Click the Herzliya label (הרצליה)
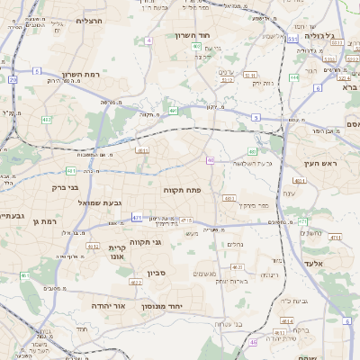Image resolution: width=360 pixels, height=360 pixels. point(91,20)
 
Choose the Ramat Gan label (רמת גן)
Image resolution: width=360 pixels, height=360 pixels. point(43,221)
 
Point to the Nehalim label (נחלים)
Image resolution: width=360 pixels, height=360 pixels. point(233,244)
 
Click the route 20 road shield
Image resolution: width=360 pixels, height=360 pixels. point(13,80)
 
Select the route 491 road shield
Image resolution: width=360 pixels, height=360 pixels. point(173,110)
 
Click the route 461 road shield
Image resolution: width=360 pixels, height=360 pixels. point(25,275)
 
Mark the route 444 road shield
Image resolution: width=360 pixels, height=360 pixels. point(294,77)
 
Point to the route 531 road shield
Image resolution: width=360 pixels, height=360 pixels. point(292,40)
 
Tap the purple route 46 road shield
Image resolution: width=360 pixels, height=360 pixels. point(210,160)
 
